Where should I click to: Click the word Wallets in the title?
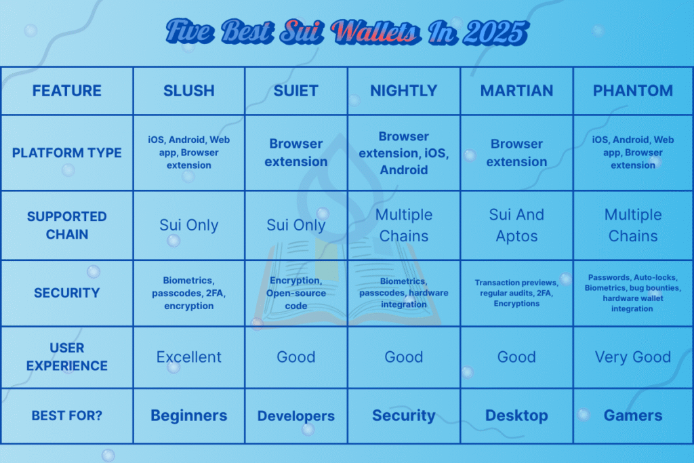click(375, 33)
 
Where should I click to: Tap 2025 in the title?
click(495, 33)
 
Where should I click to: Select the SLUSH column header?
click(189, 91)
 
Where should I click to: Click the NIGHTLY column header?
click(404, 91)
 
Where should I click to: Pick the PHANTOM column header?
click(633, 91)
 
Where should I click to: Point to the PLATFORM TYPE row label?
click(67, 153)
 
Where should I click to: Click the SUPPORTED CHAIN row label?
click(67, 225)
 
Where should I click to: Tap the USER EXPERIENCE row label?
click(67, 357)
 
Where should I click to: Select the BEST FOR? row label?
click(67, 416)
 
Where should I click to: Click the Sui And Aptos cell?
click(516, 225)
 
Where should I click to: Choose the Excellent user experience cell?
click(189, 357)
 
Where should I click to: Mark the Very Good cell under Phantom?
click(633, 357)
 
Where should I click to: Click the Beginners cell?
click(189, 416)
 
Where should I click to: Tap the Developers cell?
click(296, 416)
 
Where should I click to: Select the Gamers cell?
click(633, 416)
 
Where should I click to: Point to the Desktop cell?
click(516, 416)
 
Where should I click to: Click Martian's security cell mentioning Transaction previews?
click(516, 293)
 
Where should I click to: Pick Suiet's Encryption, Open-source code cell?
click(296, 293)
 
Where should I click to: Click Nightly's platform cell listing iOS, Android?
click(404, 153)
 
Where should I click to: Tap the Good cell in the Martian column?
click(516, 357)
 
